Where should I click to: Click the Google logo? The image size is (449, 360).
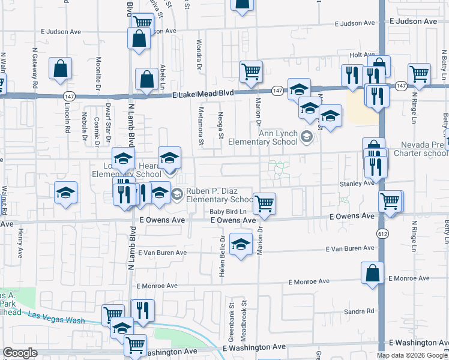[20, 353]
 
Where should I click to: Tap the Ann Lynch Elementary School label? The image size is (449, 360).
[278, 137]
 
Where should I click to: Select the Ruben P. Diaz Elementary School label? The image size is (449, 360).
[220, 196]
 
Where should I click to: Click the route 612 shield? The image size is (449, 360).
[382, 232]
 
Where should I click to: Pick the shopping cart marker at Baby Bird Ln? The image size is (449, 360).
[264, 204]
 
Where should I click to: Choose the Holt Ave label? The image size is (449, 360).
[362, 55]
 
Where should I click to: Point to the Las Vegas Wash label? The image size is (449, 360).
[56, 319]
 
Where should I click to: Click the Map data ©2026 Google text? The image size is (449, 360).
[412, 355]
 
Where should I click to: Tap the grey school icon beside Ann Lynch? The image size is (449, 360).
[307, 137]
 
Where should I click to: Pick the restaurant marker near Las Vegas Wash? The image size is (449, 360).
[142, 310]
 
